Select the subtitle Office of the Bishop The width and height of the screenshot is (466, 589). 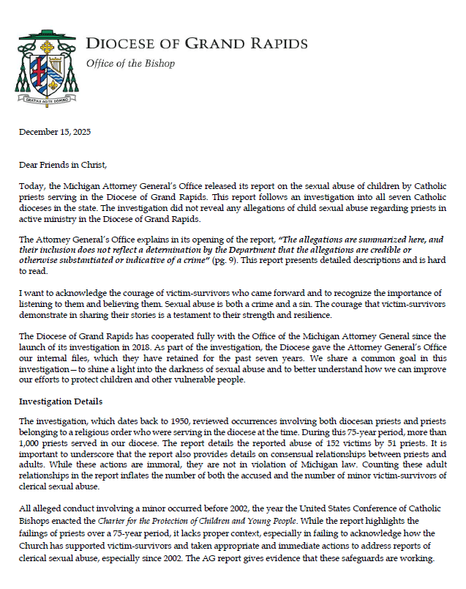pyautogui.click(x=130, y=64)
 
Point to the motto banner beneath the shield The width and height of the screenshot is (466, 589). pyautogui.click(x=48, y=100)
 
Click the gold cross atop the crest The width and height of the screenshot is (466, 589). pyautogui.click(x=47, y=44)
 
